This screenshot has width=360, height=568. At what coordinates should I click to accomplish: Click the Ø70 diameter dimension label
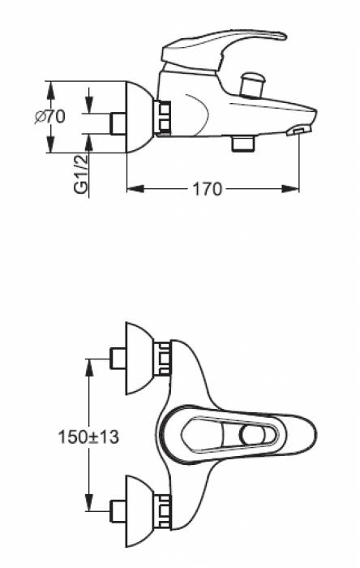(50, 117)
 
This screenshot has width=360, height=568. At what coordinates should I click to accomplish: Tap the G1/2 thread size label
(81, 174)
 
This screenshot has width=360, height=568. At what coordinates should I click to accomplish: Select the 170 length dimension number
(207, 189)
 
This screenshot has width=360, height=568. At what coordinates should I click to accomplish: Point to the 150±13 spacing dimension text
(88, 437)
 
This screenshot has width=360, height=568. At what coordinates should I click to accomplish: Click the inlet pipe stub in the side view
(118, 124)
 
